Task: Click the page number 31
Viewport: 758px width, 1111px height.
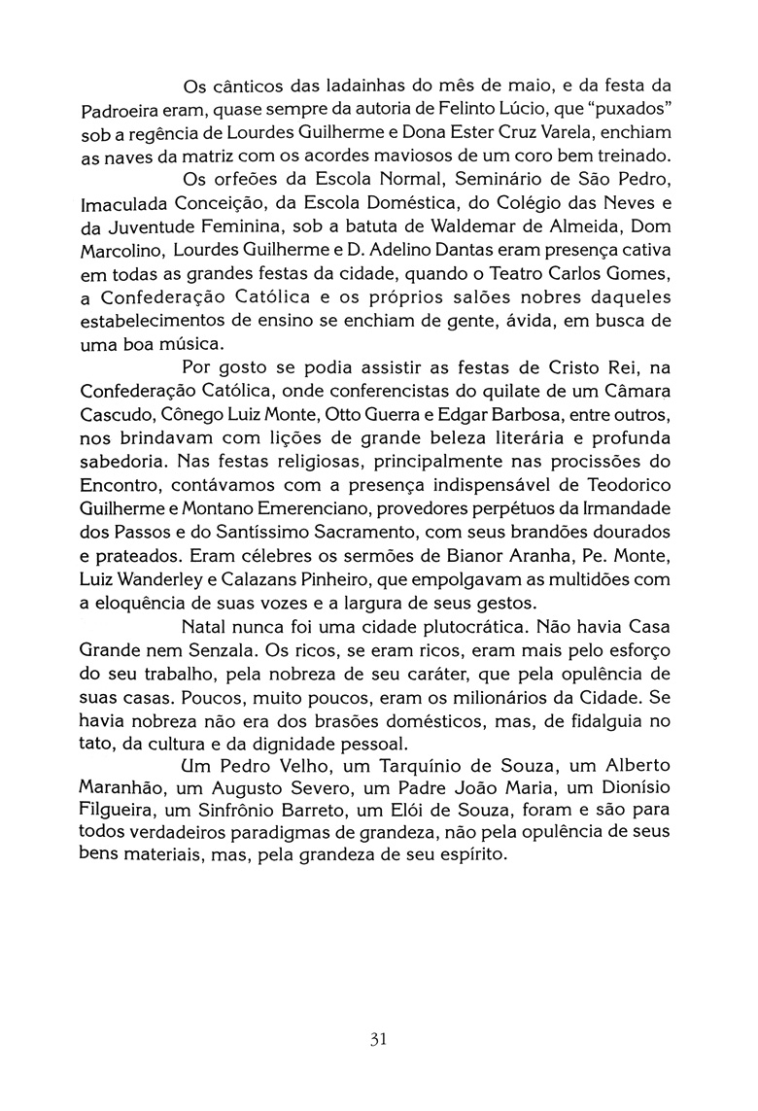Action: click(379, 1039)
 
